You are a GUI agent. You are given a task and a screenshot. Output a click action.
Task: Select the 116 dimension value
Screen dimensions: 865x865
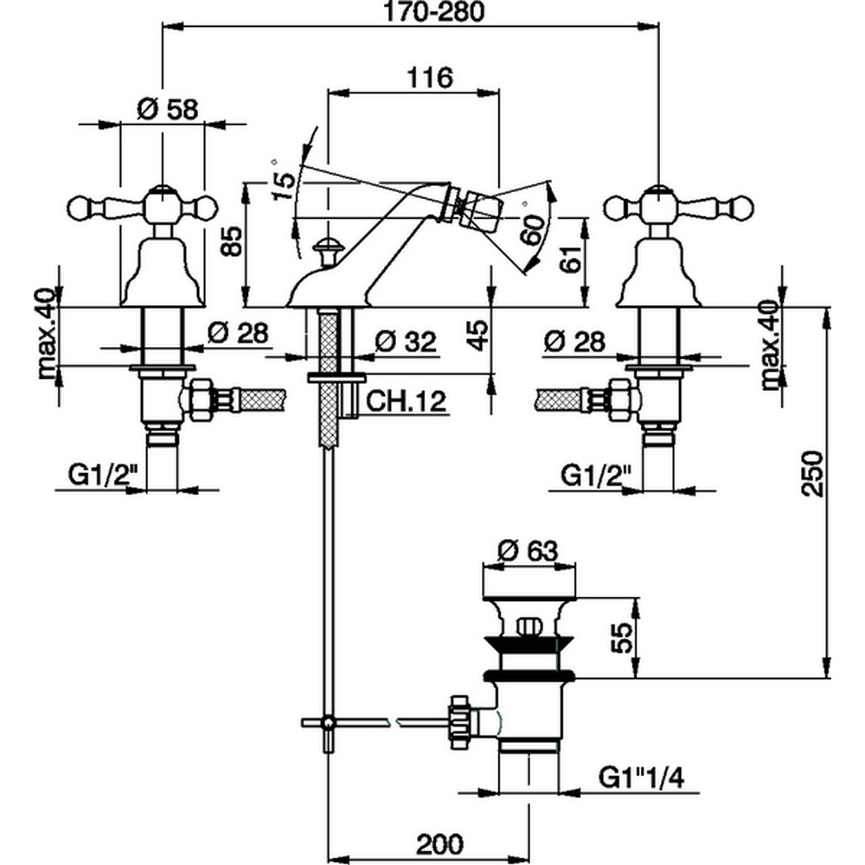[430, 78]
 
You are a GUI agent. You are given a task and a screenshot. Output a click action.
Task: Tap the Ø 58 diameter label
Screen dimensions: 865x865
[168, 110]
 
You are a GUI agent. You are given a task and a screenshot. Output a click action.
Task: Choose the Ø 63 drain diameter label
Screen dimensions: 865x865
[529, 551]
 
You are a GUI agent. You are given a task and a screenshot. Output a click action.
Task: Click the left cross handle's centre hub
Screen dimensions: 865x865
[163, 207]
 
